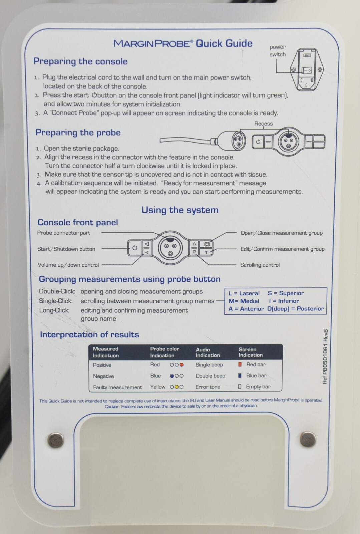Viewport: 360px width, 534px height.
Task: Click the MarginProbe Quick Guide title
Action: tap(183, 43)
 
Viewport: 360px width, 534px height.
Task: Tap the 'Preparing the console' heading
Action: tap(80, 61)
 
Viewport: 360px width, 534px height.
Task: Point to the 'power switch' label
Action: tap(278, 50)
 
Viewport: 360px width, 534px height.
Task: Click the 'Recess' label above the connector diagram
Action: tap(263, 123)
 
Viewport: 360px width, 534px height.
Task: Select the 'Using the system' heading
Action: tap(180, 210)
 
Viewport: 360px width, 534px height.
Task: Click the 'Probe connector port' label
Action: tap(64, 233)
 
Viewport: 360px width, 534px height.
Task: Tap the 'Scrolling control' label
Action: tap(260, 265)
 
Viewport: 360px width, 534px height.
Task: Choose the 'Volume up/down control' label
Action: tap(68, 265)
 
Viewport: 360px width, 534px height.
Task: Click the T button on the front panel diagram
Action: tap(206, 252)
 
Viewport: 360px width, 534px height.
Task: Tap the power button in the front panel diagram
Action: tap(135, 248)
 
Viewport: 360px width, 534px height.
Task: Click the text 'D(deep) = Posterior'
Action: tap(295, 309)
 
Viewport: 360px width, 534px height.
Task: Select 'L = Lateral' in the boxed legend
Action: tap(244, 293)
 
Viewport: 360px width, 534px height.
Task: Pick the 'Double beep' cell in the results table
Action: tap(211, 376)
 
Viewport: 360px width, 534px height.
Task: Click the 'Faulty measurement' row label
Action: tap(117, 387)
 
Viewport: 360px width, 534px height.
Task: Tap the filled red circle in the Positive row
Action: tap(182, 365)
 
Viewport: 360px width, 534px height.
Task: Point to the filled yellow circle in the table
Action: tap(176, 387)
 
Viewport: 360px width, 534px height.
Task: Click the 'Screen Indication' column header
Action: tap(251, 352)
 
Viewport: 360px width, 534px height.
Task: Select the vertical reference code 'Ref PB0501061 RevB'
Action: tap(325, 357)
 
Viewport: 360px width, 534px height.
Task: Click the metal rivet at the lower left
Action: tap(55, 440)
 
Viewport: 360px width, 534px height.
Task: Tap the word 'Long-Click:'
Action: tap(54, 310)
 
